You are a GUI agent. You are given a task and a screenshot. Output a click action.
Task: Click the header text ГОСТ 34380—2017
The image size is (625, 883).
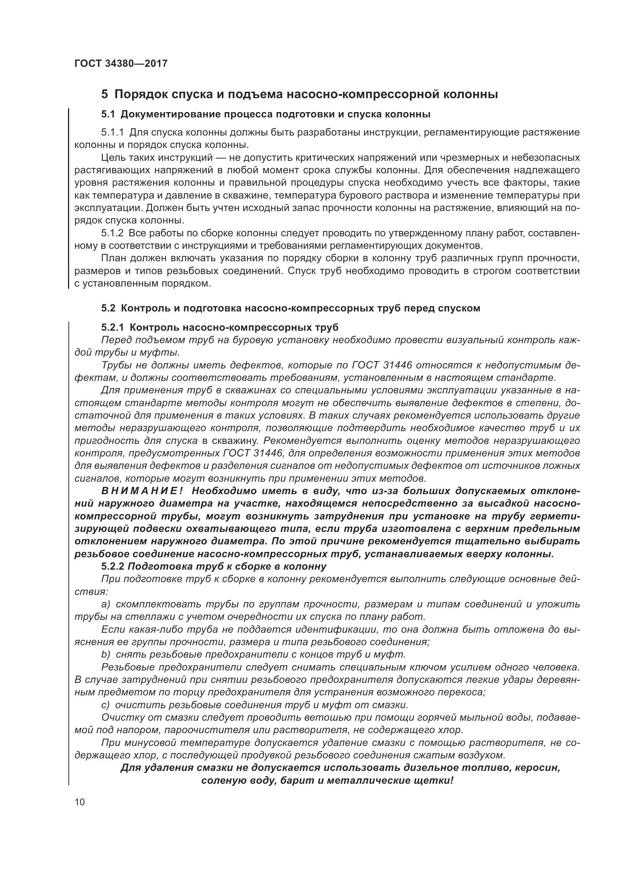point(121,63)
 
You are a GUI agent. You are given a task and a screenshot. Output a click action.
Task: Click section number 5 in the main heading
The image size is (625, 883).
point(104,94)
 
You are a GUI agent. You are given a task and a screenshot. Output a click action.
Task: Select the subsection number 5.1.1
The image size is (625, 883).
point(112,133)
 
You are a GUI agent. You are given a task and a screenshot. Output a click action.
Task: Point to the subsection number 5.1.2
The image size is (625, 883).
point(112,233)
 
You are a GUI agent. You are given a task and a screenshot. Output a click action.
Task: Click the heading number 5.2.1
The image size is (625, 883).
point(112,327)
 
